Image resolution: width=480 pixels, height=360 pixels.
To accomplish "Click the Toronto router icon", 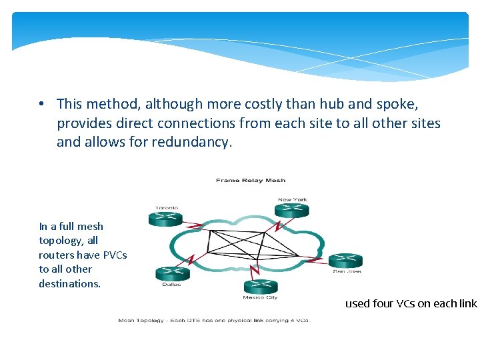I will click(x=165, y=218).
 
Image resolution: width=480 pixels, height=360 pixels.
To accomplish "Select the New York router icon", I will click(x=293, y=209).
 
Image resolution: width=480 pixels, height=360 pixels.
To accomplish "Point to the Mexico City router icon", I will click(x=261, y=287).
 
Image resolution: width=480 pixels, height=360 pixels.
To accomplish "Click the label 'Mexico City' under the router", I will click(x=261, y=297).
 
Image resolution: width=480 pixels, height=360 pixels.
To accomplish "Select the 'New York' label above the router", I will click(x=293, y=199).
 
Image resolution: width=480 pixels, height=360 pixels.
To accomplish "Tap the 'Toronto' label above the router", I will click(x=167, y=207).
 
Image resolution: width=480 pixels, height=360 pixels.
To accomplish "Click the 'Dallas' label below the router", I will click(x=171, y=284).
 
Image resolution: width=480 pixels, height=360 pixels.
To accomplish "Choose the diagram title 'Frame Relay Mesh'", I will click(x=251, y=180).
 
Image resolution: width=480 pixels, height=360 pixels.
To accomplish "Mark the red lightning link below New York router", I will click(x=275, y=224).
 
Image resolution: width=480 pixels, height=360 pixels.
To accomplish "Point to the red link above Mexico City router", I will click(x=253, y=270).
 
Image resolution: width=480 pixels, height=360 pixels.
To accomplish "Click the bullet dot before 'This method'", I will click(x=41, y=105).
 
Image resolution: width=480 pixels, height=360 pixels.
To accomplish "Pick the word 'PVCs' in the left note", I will click(x=113, y=255).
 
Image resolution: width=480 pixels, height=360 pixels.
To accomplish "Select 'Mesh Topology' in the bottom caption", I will click(x=139, y=321).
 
